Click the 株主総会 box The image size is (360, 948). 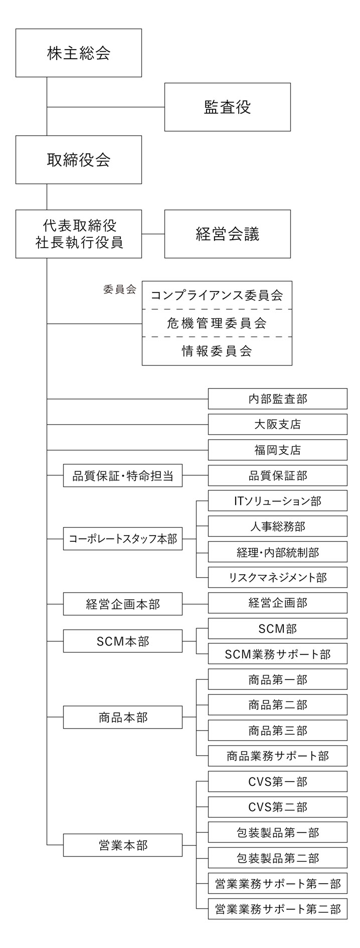click(x=78, y=53)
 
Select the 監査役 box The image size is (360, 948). click(x=227, y=107)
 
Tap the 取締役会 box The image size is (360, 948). click(x=78, y=160)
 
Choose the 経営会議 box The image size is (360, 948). click(x=227, y=234)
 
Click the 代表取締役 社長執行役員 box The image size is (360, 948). click(x=78, y=234)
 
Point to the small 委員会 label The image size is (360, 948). click(x=119, y=289)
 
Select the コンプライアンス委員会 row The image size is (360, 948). click(x=217, y=295)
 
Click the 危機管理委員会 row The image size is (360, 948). click(x=217, y=323)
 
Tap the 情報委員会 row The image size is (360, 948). click(x=217, y=351)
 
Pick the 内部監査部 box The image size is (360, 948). click(x=277, y=399)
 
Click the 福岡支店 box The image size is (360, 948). click(x=277, y=450)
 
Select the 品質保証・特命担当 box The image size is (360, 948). click(x=122, y=476)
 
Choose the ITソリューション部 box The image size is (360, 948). click(x=277, y=501)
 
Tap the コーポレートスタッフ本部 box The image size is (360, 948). click(x=122, y=539)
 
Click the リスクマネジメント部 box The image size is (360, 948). click(x=277, y=577)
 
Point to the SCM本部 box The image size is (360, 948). click(x=122, y=642)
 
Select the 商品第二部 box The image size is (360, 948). click(x=277, y=705)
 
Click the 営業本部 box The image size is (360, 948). click(x=122, y=845)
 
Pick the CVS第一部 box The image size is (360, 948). click(x=277, y=781)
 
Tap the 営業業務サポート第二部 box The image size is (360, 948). click(x=277, y=908)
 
